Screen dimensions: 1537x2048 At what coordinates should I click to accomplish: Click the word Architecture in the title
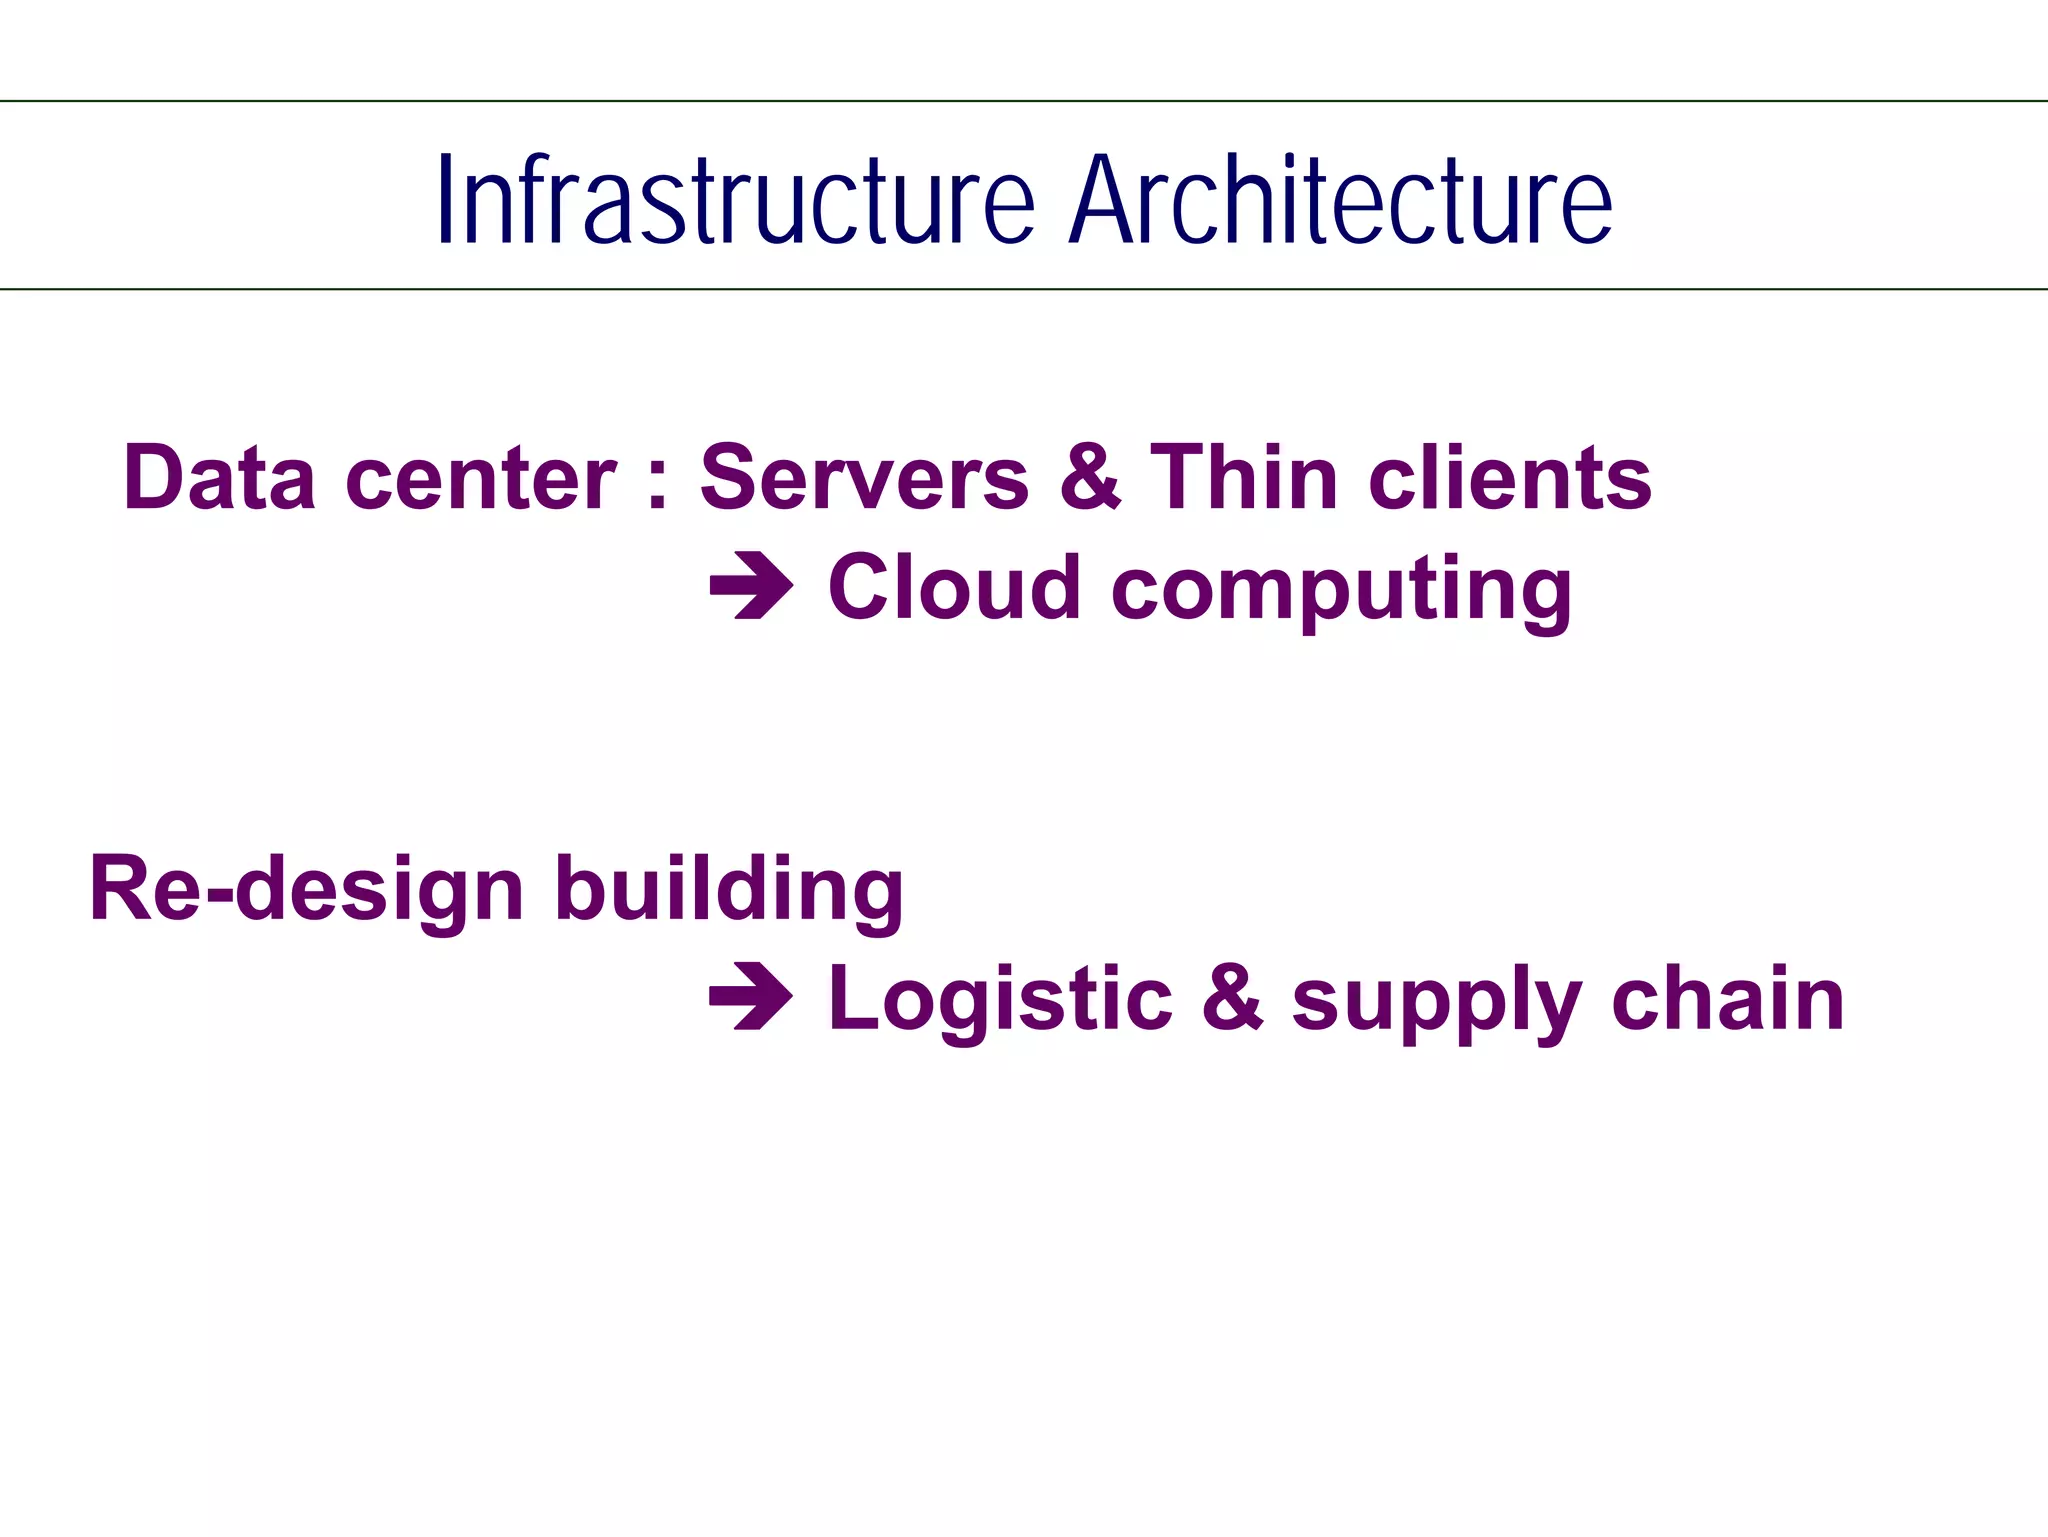1340,200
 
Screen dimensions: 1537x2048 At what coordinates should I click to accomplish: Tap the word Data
220,478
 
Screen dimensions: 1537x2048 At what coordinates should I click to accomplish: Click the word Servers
864,478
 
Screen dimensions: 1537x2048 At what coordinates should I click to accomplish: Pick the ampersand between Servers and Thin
1090,478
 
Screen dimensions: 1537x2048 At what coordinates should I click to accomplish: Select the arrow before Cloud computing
751,587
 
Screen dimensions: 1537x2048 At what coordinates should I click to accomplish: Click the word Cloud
955,587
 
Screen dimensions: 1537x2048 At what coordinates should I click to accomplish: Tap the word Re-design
306,889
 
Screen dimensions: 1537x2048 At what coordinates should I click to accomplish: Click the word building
729,889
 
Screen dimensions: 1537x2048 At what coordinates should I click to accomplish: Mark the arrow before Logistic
751,997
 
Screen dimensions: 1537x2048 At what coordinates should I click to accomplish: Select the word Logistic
1000,999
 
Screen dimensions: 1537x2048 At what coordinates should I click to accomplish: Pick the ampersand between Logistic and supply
1232,997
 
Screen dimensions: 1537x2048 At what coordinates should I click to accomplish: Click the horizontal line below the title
1024,289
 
